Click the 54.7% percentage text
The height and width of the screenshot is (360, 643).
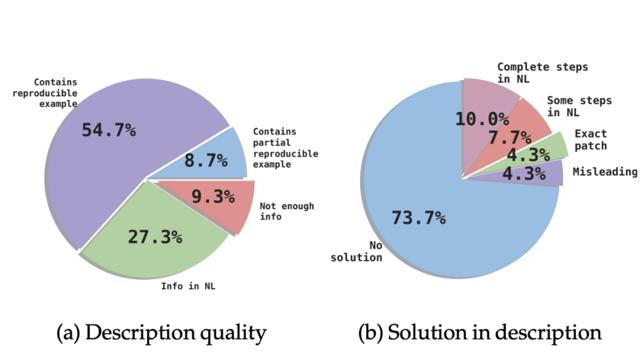coord(108,130)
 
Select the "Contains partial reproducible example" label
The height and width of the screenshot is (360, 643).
coord(285,148)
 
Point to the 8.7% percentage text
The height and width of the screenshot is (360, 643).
coord(206,160)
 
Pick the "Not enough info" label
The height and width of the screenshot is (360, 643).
coord(286,211)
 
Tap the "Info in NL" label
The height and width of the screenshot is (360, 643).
coord(188,286)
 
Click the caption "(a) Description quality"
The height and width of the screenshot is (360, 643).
coord(161,333)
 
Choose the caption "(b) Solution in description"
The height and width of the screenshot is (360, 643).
coord(479,333)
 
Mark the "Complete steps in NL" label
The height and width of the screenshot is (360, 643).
coord(542,73)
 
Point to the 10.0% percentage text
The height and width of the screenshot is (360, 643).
coord(482,118)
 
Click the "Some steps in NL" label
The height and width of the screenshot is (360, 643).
coord(579,106)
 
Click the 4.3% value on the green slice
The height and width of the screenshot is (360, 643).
coord(527,155)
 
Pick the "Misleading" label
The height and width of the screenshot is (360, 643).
coord(604,172)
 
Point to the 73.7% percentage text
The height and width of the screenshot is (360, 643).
coord(419,218)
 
